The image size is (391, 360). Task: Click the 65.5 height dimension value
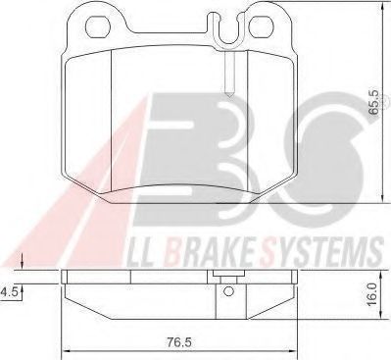click(373, 103)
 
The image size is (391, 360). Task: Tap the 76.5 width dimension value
click(179, 342)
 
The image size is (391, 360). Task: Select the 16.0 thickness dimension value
click(371, 294)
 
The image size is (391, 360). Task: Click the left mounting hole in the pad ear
click(97, 26)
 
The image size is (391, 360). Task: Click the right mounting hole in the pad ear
click(261, 26)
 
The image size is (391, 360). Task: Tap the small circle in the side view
click(228, 290)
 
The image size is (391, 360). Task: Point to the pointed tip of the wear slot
click(229, 95)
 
